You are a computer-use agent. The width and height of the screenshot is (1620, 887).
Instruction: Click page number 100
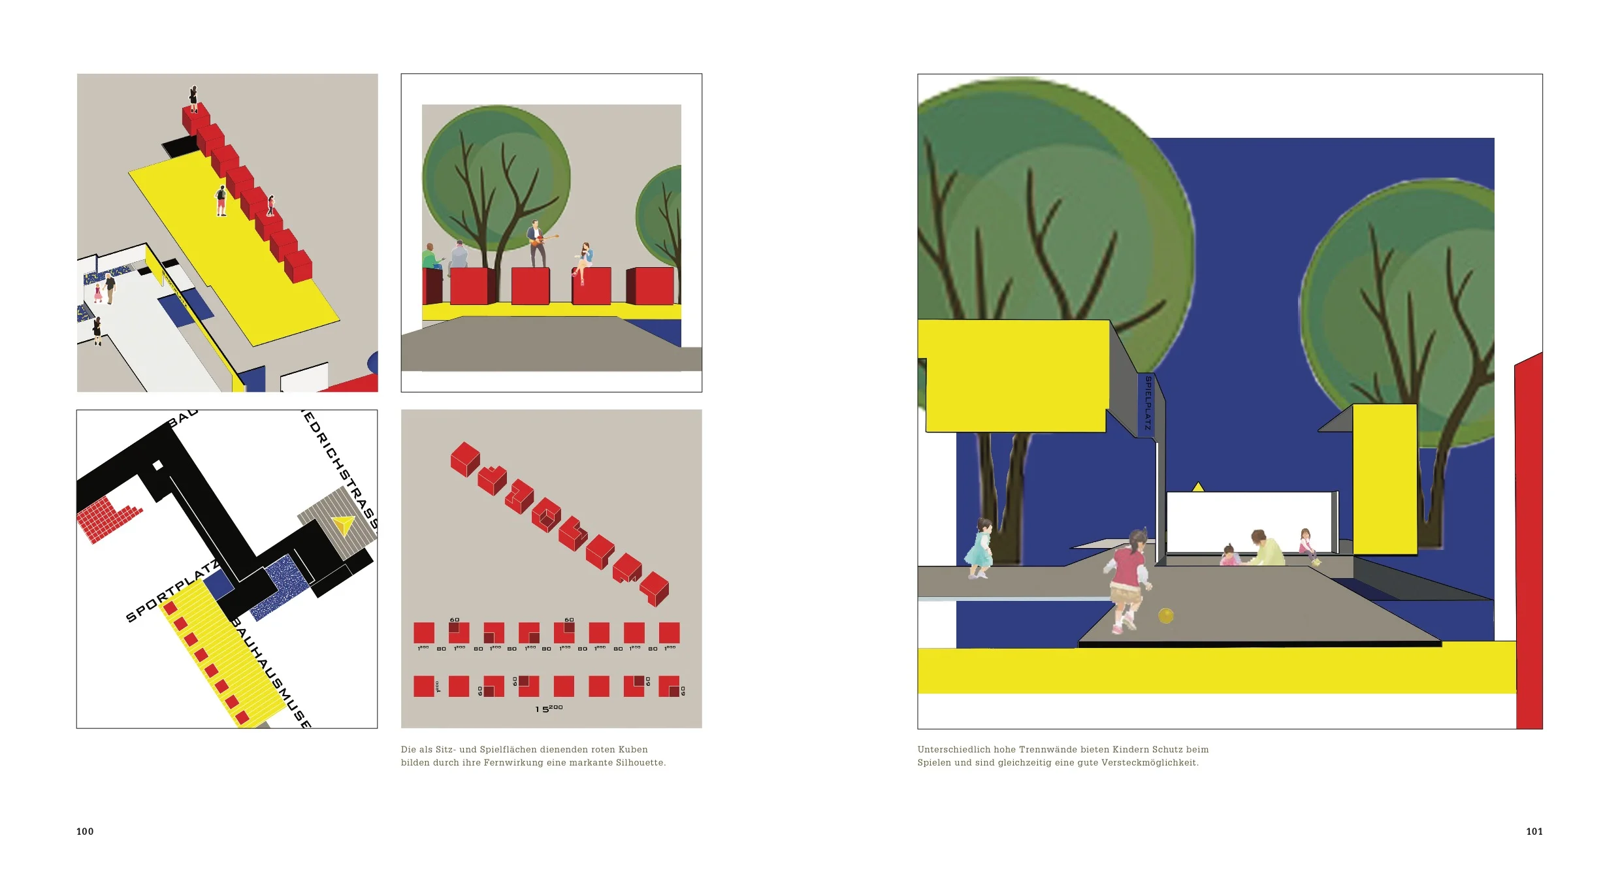pos(85,831)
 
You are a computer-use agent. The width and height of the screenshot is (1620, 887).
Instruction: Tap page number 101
pos(1534,831)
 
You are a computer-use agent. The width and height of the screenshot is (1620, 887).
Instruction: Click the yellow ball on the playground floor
pos(1166,615)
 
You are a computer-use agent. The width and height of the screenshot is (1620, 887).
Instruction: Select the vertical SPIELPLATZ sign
pos(1148,403)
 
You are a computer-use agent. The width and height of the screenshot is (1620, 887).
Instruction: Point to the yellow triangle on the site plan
pos(343,525)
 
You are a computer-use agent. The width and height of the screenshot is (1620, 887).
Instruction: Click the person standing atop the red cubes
pos(193,99)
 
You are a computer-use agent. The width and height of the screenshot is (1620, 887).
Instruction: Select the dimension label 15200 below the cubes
pos(549,709)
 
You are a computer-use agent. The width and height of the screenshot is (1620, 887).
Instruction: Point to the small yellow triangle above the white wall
pos(1198,487)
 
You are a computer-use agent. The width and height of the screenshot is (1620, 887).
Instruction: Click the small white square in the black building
pos(157,466)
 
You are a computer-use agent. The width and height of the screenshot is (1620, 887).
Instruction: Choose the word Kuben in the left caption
pos(633,750)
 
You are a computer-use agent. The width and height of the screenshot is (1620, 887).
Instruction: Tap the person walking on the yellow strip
pos(221,201)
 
